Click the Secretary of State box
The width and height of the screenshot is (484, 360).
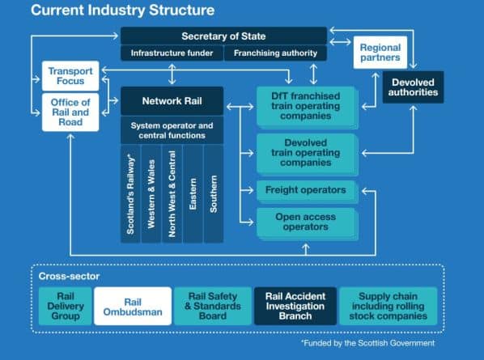pos(223,36)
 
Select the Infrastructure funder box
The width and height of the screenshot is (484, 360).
pos(172,53)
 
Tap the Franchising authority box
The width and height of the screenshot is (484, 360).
pos(275,53)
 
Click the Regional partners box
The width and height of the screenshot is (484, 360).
pos(380,53)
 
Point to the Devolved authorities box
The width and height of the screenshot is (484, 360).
pos(413,87)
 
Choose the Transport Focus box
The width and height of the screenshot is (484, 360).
pos(70,76)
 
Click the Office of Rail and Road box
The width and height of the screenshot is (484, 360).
pos(70,112)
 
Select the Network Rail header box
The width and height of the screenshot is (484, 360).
pos(172,101)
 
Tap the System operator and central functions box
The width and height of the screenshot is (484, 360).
pos(172,130)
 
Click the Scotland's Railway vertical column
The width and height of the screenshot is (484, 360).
pos(130,193)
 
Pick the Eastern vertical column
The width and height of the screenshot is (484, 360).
pos(193,193)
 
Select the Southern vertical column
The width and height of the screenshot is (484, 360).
pos(214,193)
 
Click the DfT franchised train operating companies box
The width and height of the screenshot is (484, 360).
pos(307,107)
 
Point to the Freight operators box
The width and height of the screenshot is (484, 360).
pos(307,191)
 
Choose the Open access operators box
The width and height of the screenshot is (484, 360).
pos(307,223)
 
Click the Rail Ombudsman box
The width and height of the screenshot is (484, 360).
pos(133,306)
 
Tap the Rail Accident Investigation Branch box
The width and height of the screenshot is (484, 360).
pos(295,306)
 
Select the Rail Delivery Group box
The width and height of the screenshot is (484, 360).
pos(65,306)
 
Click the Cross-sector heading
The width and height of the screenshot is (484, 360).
pos(69,276)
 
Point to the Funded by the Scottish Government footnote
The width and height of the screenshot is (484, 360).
pos(368,343)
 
